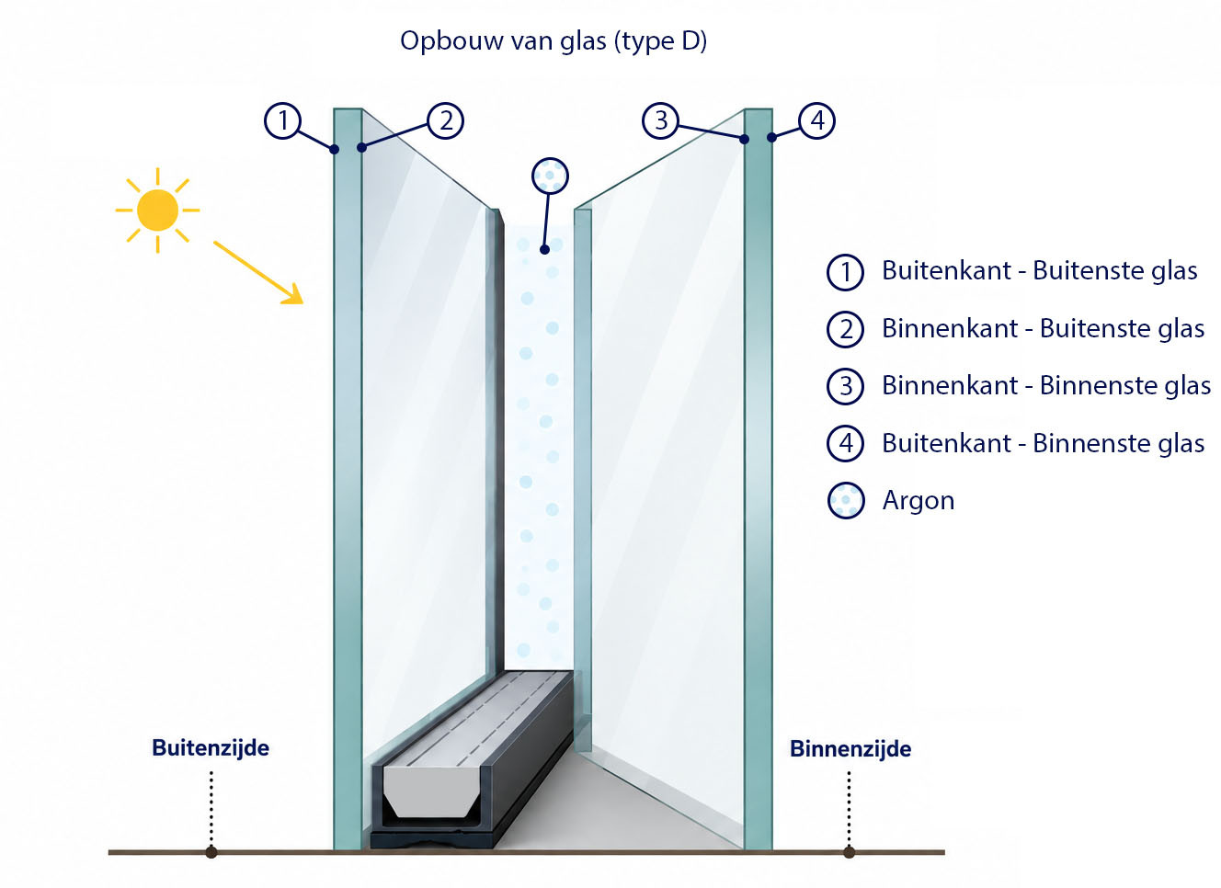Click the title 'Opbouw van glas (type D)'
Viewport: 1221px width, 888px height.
553,41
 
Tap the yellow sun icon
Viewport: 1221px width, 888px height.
157,211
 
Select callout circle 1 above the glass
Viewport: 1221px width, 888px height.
282,120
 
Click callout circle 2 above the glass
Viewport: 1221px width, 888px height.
445,120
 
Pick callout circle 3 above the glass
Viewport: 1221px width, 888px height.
661,120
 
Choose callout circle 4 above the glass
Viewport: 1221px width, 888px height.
817,120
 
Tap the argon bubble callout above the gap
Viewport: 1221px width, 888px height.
550,176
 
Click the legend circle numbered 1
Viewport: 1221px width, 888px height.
845,271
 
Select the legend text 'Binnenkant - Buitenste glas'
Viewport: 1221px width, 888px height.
1043,329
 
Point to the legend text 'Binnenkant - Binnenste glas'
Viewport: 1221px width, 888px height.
1046,386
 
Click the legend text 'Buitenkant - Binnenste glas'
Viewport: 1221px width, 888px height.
1043,443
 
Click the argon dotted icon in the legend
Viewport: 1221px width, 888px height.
846,500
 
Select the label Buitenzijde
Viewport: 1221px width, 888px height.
211,748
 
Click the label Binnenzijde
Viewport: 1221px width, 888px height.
850,749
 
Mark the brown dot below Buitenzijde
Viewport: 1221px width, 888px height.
211,852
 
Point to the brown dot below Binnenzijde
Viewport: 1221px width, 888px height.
849,852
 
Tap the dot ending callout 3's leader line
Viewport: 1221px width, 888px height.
745,139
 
